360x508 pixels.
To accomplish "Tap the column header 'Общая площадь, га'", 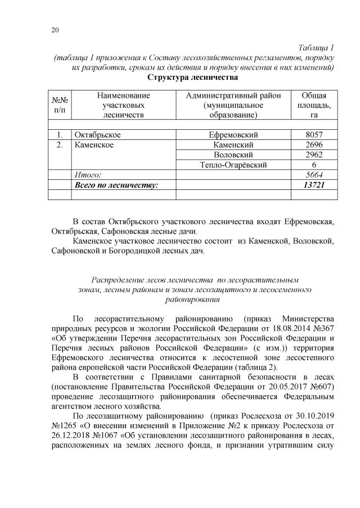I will tap(311, 105).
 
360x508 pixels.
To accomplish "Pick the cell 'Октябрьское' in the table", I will tap(97, 135).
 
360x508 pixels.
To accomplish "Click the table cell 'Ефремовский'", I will tap(233, 135).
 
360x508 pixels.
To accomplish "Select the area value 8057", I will tap(311, 135).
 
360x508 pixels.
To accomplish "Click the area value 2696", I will tap(311, 145).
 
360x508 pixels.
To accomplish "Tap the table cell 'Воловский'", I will tap(233, 155).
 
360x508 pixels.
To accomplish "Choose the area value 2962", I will tap(311, 155).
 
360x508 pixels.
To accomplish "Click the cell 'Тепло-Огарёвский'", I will tap(233, 165).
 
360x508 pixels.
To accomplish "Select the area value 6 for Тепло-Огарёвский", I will tap(311, 165).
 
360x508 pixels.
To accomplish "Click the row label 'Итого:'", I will tap(88, 175).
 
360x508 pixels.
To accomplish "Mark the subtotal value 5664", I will tap(311, 175).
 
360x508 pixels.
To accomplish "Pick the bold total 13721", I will tap(311, 185).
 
